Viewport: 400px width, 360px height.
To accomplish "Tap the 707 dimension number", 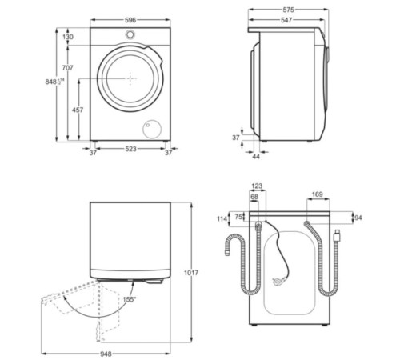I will [x=67, y=69].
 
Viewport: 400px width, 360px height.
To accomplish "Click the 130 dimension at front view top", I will [x=67, y=38].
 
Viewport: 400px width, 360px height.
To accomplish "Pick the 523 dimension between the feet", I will [x=128, y=150].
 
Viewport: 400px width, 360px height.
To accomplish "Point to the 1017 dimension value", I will [x=190, y=274].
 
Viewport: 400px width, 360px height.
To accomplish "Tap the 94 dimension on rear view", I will [x=358, y=218].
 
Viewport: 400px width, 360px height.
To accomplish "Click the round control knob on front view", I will [x=129, y=34].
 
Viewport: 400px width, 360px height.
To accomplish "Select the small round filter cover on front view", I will [x=149, y=130].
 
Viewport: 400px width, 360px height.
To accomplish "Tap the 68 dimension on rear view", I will [x=254, y=196].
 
